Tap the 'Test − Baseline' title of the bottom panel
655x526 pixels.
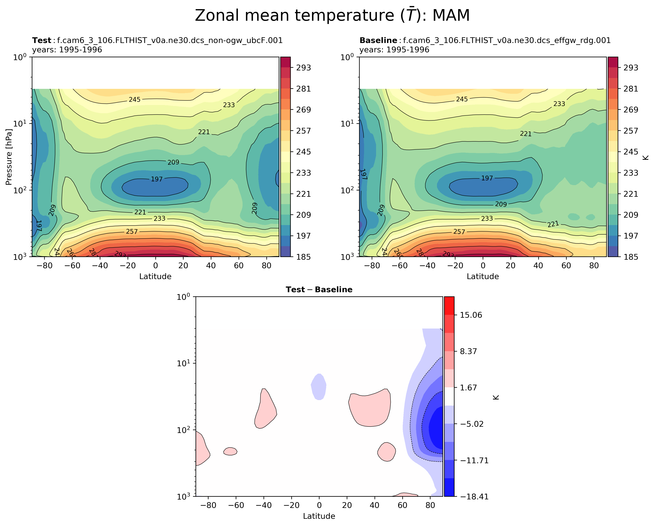click(x=319, y=290)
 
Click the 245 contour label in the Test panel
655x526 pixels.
click(x=135, y=99)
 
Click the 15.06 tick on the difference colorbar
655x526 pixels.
click(x=471, y=315)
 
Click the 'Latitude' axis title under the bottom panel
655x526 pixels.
click(x=319, y=516)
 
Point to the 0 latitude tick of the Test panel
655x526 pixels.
click(x=156, y=266)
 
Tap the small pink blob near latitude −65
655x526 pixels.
click(x=230, y=451)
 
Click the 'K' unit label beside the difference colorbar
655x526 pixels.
click(x=496, y=397)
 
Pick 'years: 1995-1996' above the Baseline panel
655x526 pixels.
click(x=394, y=50)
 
